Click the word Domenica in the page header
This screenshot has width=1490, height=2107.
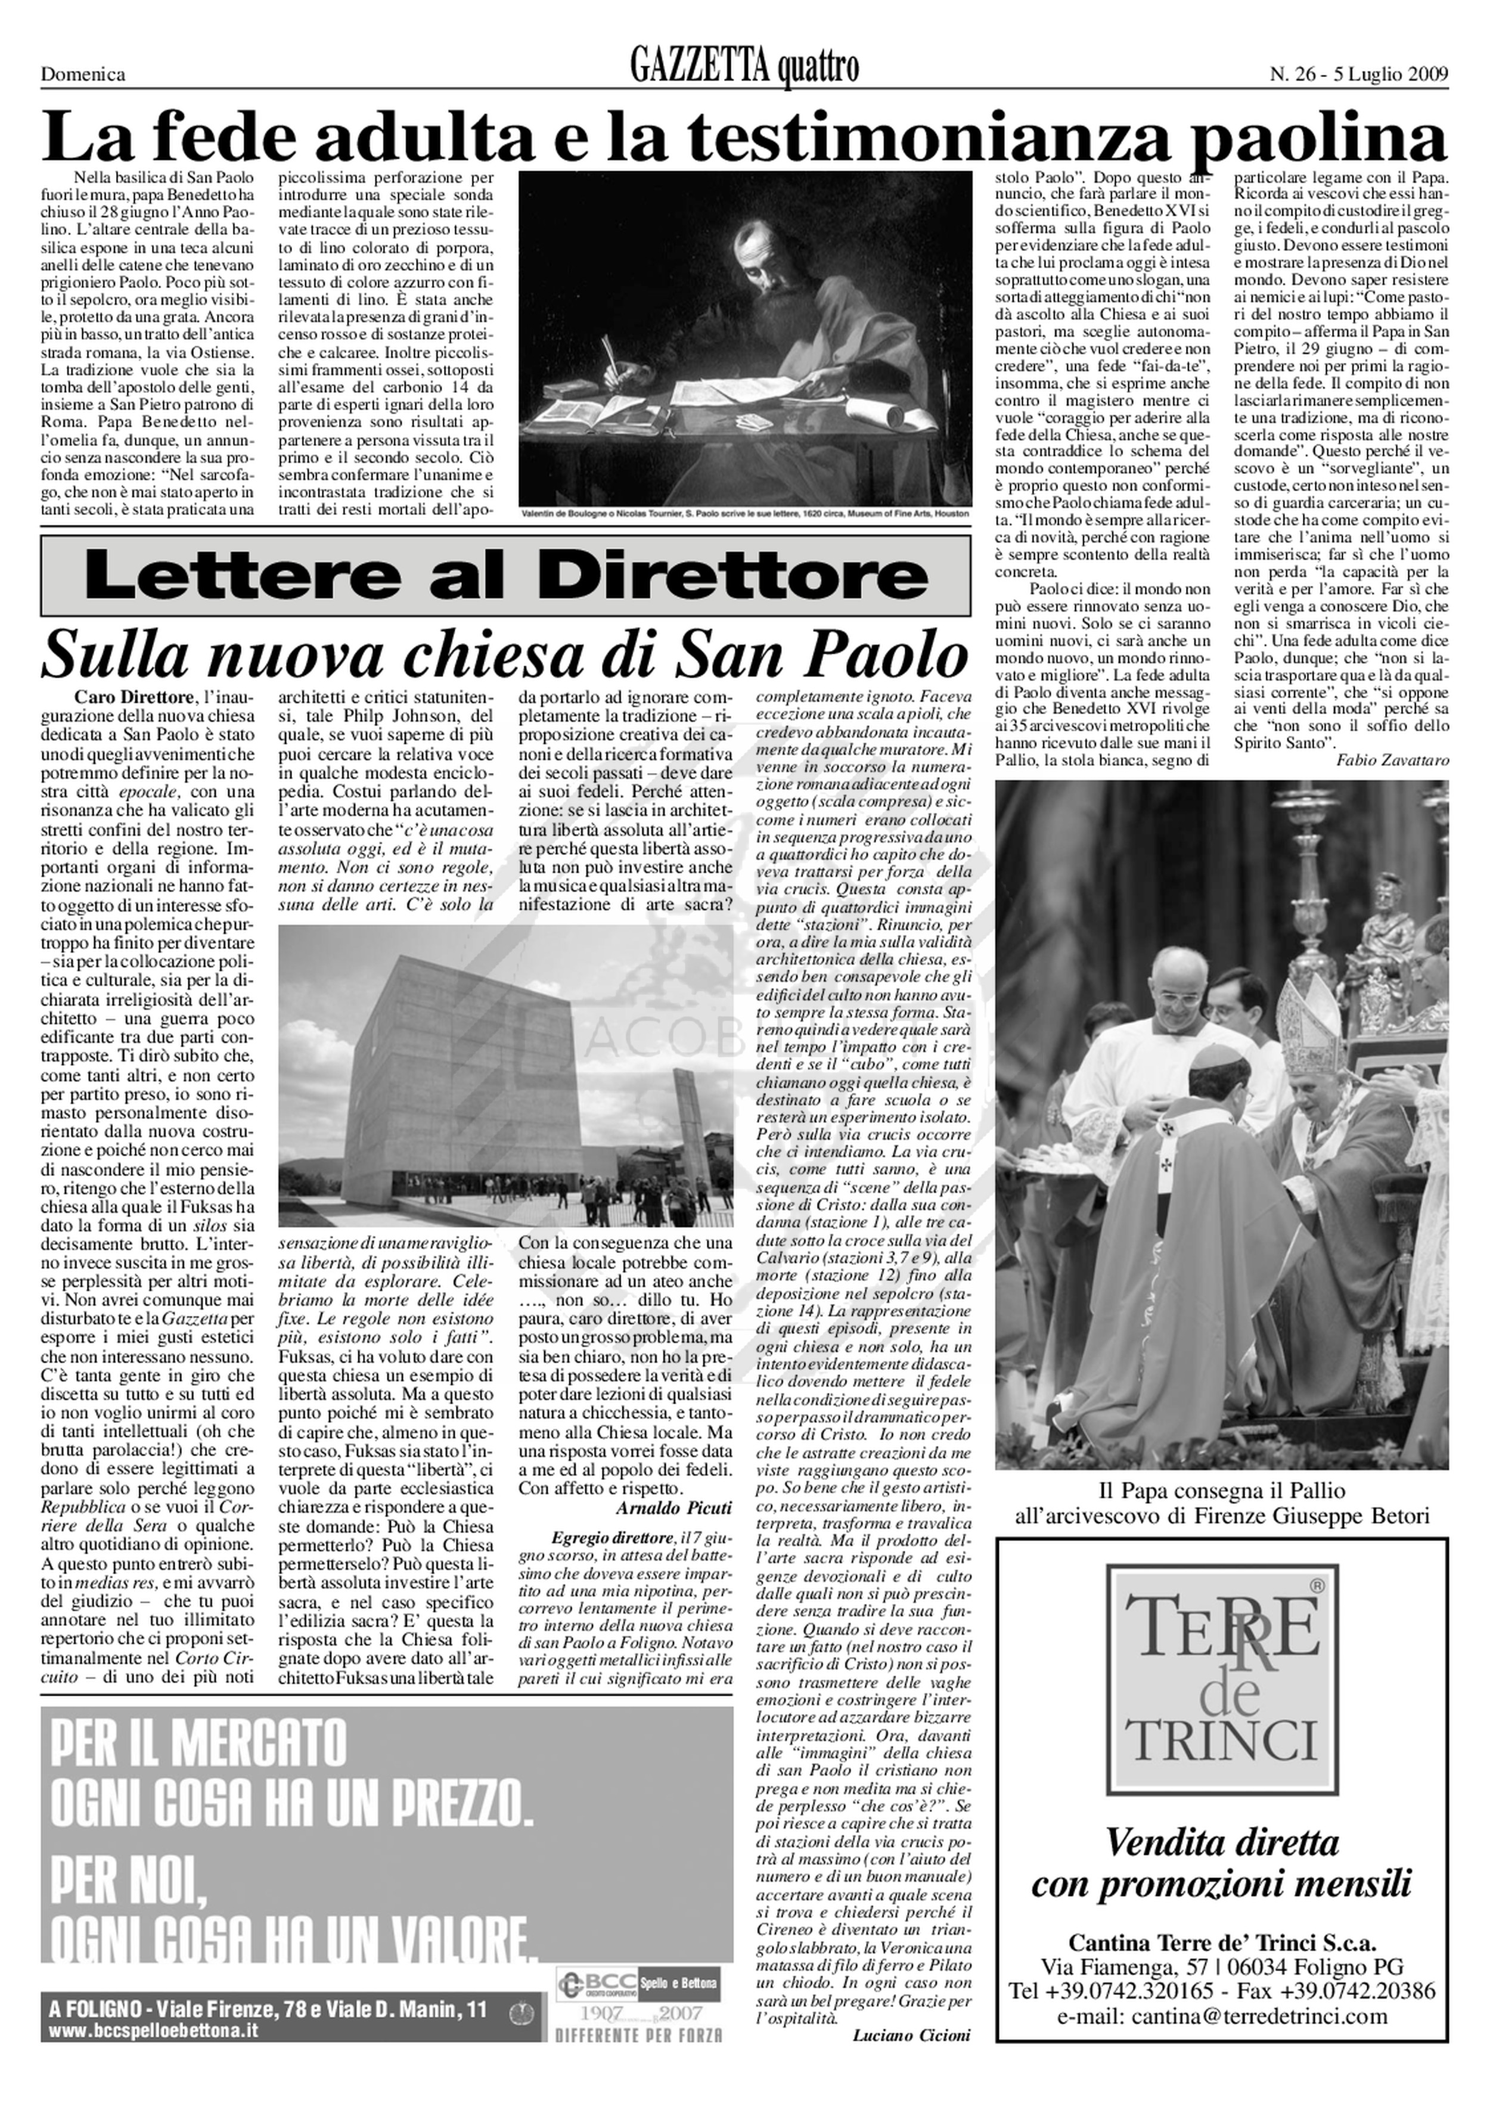[x=83, y=75]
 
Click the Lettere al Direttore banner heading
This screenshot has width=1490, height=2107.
[x=505, y=575]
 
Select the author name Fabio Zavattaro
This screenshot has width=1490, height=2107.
[x=1392, y=760]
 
